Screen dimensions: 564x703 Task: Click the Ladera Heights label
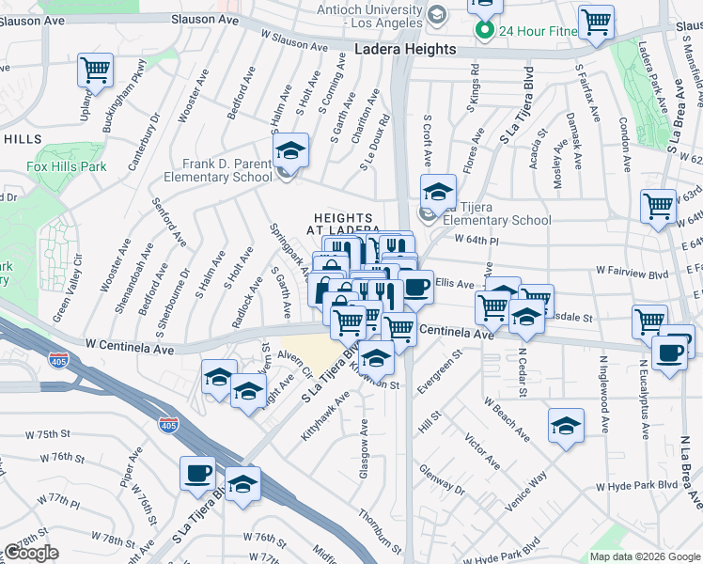coord(406,49)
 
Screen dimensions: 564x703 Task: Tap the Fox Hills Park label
coord(66,166)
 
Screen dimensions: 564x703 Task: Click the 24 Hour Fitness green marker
coord(484,31)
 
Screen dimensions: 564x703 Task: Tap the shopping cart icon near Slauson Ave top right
coord(596,23)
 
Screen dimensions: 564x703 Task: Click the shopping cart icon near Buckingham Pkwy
coord(95,70)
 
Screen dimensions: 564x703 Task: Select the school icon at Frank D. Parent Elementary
coord(290,151)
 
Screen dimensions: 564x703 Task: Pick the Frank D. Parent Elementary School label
coord(218,169)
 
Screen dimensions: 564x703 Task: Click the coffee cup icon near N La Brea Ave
coord(670,354)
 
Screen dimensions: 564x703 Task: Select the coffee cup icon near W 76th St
coord(197,475)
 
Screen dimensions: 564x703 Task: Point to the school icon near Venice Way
coord(566,426)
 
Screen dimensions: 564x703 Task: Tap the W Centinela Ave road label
coord(128,348)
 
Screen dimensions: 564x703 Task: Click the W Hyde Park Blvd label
coord(636,485)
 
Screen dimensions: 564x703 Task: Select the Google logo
coord(32,553)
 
